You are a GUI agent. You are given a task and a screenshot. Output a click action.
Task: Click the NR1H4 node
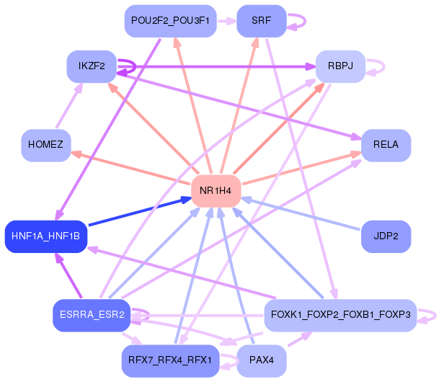[216, 191]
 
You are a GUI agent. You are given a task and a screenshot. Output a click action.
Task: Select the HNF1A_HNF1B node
[46, 236]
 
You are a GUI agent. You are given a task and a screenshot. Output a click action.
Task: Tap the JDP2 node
[386, 236]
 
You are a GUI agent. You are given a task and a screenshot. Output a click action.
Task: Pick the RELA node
[386, 146]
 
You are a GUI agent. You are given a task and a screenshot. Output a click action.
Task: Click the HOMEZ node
[46, 146]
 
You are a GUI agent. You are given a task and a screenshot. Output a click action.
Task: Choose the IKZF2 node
[92, 66]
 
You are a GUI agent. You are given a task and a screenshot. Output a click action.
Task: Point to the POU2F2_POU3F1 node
[171, 21]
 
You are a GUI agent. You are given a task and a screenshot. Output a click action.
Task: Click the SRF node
[262, 21]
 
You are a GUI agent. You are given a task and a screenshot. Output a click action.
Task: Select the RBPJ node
[340, 66]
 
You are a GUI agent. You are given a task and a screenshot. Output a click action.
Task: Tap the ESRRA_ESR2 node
[92, 316]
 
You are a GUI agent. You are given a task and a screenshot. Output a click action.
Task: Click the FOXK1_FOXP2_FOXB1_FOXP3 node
[340, 316]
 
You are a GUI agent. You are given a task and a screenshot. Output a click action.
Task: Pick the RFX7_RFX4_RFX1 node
[171, 360]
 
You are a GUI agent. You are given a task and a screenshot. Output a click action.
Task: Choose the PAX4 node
[262, 360]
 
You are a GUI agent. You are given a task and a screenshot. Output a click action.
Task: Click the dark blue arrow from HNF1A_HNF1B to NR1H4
[140, 211]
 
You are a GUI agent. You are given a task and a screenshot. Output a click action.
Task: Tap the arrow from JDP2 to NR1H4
[301, 214]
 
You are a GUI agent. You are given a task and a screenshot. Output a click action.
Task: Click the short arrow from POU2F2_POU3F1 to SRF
[227, 21]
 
